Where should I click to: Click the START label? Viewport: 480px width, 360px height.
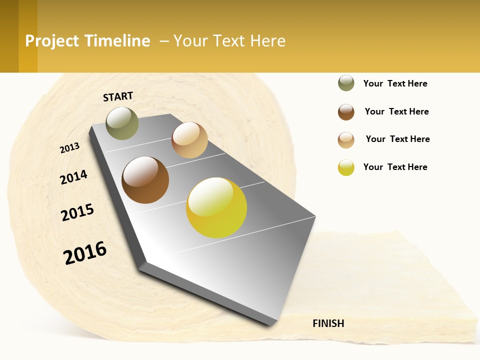click(118, 96)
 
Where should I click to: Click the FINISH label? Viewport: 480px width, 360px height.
click(328, 323)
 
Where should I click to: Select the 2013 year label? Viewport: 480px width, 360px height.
click(69, 148)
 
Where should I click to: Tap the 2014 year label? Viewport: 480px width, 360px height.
click(73, 177)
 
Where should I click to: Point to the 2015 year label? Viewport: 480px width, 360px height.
click(77, 212)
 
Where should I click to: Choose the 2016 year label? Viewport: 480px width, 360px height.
click(85, 252)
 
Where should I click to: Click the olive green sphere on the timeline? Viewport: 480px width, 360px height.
click(122, 123)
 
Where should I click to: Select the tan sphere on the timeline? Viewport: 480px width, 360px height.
click(189, 140)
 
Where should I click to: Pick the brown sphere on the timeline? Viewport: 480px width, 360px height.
click(145, 180)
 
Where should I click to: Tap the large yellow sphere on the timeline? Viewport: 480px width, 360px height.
click(216, 207)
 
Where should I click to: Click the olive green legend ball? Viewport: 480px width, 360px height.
click(346, 83)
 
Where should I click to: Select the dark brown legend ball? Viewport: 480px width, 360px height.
click(346, 112)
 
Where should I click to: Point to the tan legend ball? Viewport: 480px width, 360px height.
click(346, 140)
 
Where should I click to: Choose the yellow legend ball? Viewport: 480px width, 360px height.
click(346, 167)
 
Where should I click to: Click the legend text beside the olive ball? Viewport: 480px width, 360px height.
click(395, 83)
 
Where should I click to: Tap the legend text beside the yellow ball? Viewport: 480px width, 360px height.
click(395, 167)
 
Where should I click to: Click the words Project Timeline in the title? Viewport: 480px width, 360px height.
click(87, 41)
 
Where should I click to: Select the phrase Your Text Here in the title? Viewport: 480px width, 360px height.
click(229, 41)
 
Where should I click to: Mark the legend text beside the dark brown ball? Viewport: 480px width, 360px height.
click(396, 111)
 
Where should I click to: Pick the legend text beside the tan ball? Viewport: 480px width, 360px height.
click(397, 139)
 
